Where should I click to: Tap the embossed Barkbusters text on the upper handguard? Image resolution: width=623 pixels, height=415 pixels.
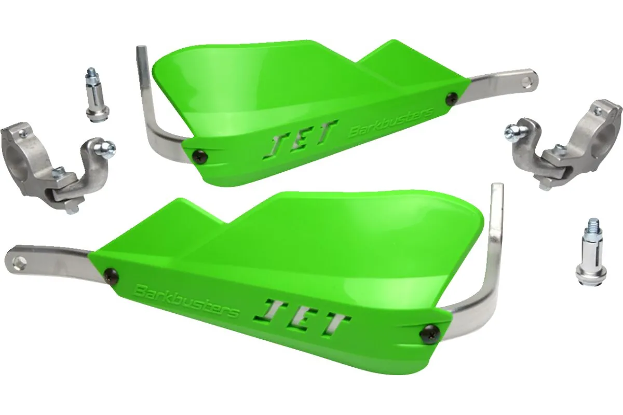click(x=391, y=122)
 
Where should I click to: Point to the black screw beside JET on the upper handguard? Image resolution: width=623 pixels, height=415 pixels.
click(x=200, y=156)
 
